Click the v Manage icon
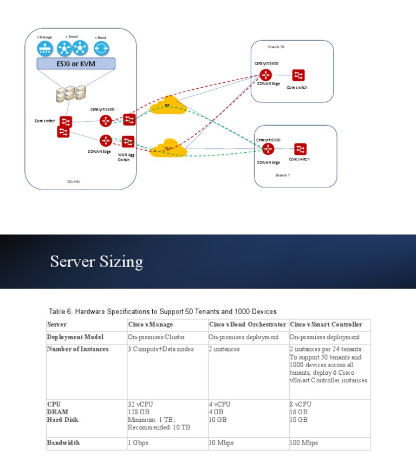click(45, 49)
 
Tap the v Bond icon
click(100, 49)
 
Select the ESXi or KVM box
click(76, 64)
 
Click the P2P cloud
click(168, 148)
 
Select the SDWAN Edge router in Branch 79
click(265, 75)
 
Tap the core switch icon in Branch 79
click(298, 75)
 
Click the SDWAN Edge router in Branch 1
click(268, 149)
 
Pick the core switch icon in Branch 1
click(301, 149)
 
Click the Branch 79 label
click(276, 47)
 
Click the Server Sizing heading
click(96, 262)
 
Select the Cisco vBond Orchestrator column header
click(248, 324)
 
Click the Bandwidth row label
click(63, 442)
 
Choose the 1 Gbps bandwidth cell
click(138, 442)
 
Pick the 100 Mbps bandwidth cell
click(304, 442)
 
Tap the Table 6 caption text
click(162, 311)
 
